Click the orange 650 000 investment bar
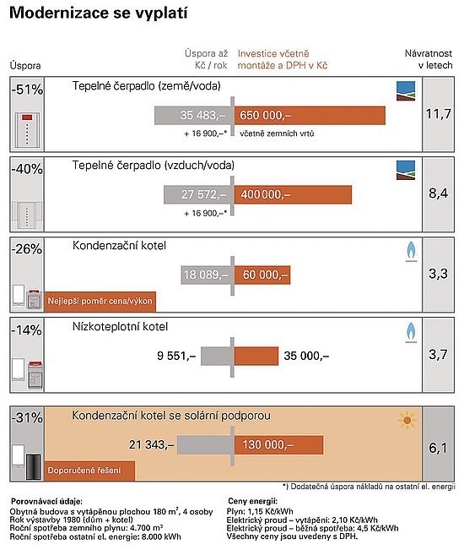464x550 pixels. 310,116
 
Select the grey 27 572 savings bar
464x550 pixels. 197,194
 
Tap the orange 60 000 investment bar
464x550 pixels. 262,275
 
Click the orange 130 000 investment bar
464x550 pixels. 278,445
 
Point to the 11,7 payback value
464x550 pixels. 438,114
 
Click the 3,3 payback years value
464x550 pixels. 438,274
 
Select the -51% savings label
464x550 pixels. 27,90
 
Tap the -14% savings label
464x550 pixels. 27,330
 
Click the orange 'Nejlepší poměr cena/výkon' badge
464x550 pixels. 100,302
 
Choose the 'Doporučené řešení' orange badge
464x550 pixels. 89,471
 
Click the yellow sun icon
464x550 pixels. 407,420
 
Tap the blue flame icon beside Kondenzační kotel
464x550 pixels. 411,252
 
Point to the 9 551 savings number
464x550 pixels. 176,356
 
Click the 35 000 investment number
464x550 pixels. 306,356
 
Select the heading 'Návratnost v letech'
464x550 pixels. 429,59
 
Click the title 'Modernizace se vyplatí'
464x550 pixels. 99,13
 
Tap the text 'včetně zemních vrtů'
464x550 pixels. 277,133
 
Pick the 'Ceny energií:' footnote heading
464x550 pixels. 252,501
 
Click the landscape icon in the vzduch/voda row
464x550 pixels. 406,171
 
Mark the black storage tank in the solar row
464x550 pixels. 34,467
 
